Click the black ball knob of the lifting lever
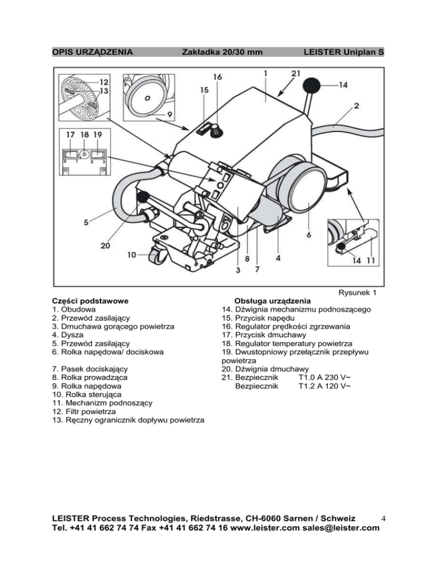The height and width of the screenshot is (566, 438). (x=312, y=86)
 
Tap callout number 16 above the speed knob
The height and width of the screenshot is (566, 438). (x=217, y=77)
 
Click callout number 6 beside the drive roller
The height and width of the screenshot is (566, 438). (x=309, y=235)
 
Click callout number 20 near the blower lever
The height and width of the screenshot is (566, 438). (x=106, y=245)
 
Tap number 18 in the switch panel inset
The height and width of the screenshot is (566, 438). (x=84, y=134)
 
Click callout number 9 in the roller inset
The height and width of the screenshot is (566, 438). (x=169, y=114)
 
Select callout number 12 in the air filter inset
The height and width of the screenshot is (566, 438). (x=104, y=82)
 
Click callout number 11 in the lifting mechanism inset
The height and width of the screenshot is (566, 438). (x=371, y=260)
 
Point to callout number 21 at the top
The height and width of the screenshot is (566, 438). (x=296, y=73)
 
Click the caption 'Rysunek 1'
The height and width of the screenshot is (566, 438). (x=358, y=292)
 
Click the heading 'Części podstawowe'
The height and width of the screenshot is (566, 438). (x=90, y=301)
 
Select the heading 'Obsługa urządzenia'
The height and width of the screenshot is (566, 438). (x=273, y=301)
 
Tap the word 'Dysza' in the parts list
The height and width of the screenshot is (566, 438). (x=72, y=335)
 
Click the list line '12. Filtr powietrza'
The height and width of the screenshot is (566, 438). (x=84, y=412)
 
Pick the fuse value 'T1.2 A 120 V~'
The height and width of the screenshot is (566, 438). (x=325, y=386)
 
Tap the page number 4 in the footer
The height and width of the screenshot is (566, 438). (x=383, y=519)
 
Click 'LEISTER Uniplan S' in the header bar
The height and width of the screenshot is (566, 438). (x=343, y=52)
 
